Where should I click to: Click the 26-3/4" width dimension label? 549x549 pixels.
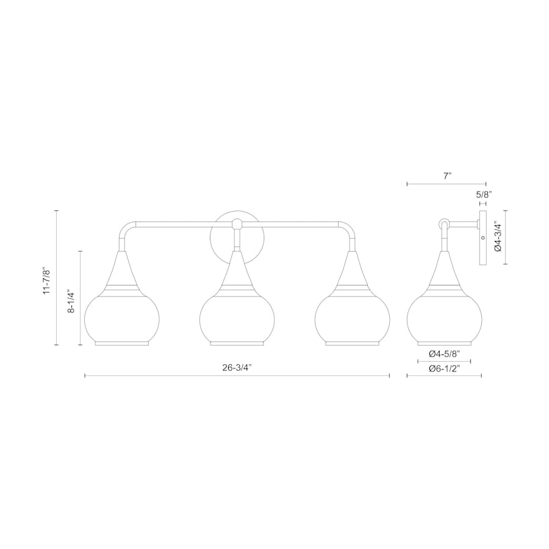pyautogui.click(x=237, y=367)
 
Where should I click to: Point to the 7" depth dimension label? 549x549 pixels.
pyautogui.click(x=447, y=176)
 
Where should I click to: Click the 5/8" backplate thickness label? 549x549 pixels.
pyautogui.click(x=483, y=195)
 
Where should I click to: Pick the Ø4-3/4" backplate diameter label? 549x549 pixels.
pyautogui.click(x=497, y=237)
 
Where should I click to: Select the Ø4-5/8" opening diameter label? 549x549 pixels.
pyautogui.click(x=443, y=354)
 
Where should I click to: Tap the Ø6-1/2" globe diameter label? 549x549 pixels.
pyautogui.click(x=443, y=368)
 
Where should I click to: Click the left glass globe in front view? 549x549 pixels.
pyautogui.click(x=121, y=317)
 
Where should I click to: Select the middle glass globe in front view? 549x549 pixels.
pyautogui.click(x=237, y=317)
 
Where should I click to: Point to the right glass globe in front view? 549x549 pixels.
pyautogui.click(x=352, y=317)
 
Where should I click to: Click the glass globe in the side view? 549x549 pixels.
pyautogui.click(x=444, y=317)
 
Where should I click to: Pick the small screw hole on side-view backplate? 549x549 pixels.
pyautogui.click(x=483, y=237)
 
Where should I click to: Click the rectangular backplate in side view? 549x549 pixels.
pyautogui.click(x=483, y=239)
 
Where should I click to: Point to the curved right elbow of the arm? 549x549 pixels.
pyautogui.click(x=348, y=229)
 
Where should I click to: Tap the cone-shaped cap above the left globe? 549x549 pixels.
pyautogui.click(x=121, y=268)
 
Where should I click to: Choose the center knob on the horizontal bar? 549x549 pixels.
pyautogui.click(x=237, y=224)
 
